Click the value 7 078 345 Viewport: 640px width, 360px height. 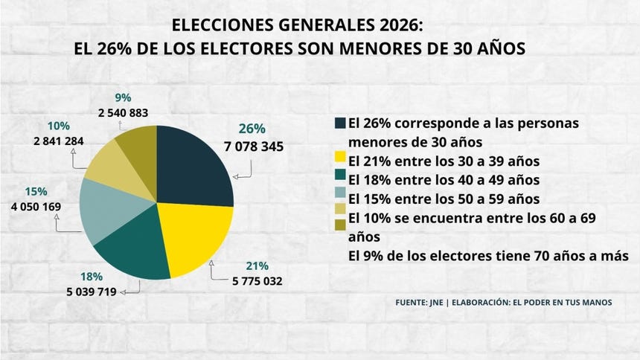tap(253, 147)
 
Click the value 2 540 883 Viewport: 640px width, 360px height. tap(123, 113)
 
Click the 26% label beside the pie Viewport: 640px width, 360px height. tap(252, 129)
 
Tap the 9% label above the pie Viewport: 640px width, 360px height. tap(123, 97)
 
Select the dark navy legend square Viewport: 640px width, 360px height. tap(341, 122)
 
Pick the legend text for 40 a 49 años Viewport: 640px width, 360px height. tap(444, 180)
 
